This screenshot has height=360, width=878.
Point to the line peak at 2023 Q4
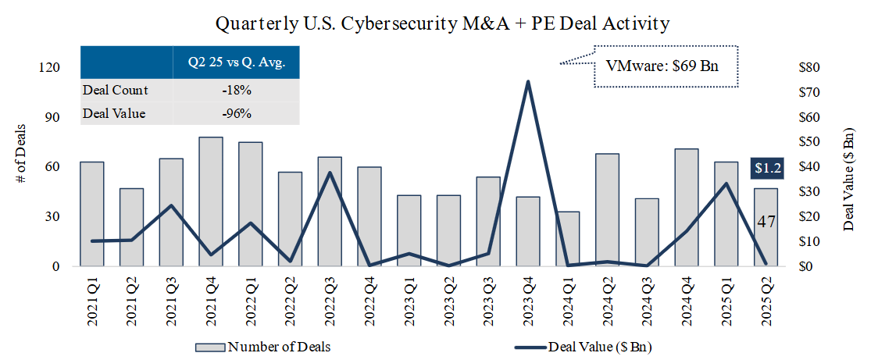528,81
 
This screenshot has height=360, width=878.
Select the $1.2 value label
766,167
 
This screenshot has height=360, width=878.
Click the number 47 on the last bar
766,222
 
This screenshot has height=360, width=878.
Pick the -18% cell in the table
236,91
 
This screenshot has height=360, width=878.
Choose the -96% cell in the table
236,114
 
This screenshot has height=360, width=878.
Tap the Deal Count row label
116,91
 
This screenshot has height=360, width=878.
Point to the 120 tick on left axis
49,67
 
